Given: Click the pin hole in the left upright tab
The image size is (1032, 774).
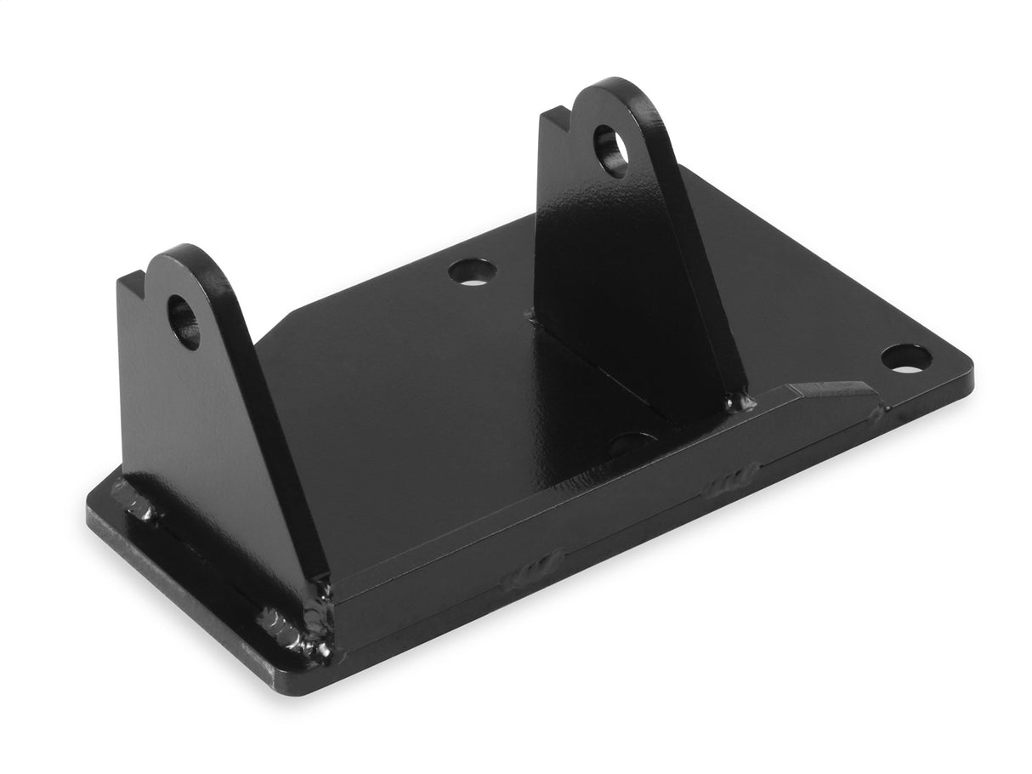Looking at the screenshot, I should click(x=184, y=322).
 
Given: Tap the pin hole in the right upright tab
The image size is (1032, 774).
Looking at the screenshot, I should click(x=610, y=151).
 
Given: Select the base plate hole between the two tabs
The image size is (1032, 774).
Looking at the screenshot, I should click(x=472, y=272).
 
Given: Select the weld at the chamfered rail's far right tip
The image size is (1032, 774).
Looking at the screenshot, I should click(x=876, y=414).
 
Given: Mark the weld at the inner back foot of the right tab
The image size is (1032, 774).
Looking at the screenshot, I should click(x=532, y=316).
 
